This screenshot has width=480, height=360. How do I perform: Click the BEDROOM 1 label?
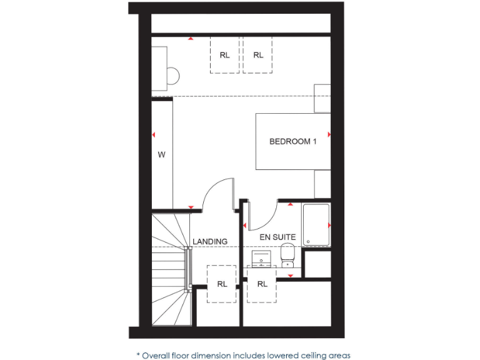(292, 141)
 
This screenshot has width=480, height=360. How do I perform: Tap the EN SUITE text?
(278, 237)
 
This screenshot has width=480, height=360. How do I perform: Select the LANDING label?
(210, 241)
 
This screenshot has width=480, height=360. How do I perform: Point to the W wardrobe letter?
(161, 154)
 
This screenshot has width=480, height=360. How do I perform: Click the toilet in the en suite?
(287, 254)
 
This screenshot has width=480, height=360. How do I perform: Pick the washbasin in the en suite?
(261, 257)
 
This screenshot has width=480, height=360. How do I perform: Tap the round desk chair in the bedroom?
(172, 76)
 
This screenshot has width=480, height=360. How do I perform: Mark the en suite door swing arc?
(262, 216)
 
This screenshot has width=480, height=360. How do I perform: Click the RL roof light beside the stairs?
(222, 284)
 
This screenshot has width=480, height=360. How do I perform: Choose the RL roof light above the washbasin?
(262, 284)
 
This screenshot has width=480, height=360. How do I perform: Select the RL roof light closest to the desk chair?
(224, 55)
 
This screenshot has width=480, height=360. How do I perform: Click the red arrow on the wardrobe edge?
(153, 134)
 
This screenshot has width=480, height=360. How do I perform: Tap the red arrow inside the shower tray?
(329, 224)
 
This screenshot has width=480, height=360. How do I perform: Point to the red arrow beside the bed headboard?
(329, 134)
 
